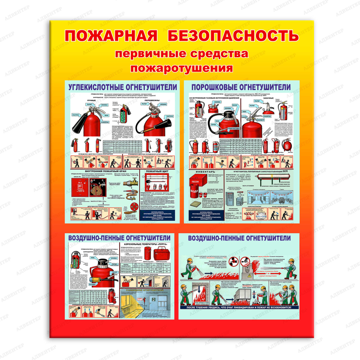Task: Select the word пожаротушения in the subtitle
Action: [x=181, y=68]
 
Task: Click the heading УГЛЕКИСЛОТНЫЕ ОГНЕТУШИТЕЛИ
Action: [x=123, y=87]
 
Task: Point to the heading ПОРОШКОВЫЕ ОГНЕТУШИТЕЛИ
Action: [x=241, y=87]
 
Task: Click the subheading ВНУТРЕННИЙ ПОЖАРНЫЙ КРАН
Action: [x=104, y=171]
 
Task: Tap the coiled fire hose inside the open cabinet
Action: [x=97, y=189]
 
